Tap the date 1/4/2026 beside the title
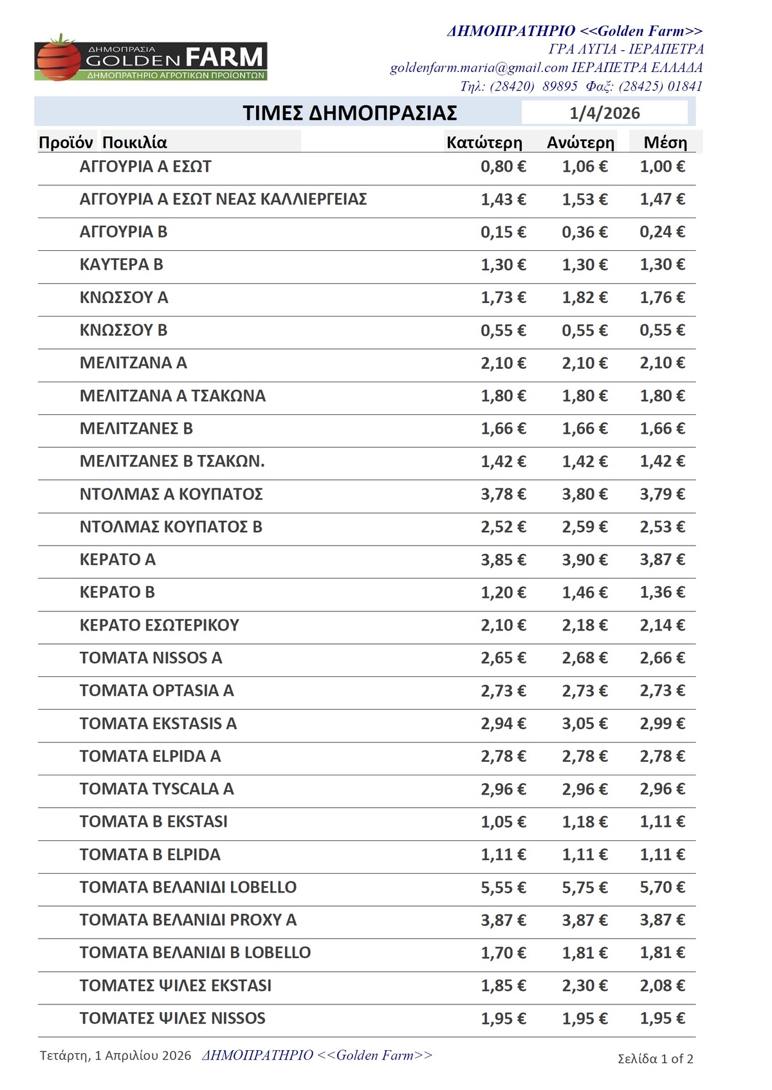604,113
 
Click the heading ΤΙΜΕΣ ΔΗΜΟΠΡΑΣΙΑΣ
349,113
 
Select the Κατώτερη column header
484,142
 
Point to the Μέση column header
665,142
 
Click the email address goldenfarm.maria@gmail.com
479,68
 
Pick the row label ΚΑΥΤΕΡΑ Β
121,264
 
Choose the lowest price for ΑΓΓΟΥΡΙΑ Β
503,232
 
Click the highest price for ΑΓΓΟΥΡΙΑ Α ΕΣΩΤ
584,167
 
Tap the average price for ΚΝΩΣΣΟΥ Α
662,297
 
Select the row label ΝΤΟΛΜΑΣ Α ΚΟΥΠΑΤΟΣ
171,494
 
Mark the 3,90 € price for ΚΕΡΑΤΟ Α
584,560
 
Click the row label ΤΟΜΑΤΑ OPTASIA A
156,690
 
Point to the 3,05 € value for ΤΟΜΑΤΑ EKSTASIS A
584,723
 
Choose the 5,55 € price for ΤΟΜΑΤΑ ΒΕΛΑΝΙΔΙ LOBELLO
503,887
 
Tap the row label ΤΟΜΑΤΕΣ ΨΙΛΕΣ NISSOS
172,1018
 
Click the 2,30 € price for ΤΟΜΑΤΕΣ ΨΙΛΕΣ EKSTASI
584,985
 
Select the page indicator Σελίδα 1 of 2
655,1058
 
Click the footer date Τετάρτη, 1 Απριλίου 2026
115,1055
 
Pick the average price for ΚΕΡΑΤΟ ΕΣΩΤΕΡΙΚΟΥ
662,625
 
